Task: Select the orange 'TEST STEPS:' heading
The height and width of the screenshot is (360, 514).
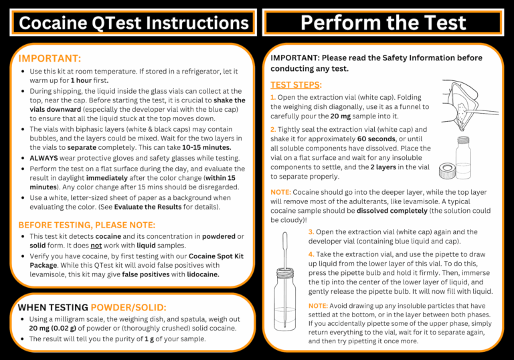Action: click(295, 85)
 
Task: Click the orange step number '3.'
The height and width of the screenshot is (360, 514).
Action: click(312, 232)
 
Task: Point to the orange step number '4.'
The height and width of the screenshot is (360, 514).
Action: click(312, 255)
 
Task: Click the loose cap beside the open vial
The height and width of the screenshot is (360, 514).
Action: click(448, 171)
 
